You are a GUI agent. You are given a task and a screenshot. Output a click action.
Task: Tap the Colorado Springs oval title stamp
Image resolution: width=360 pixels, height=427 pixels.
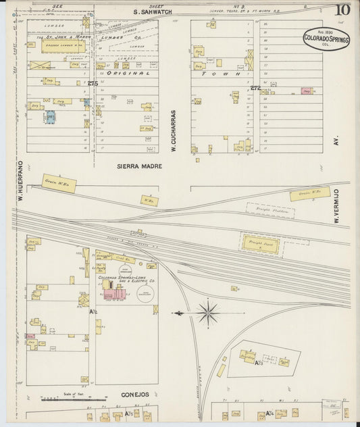point(326,38)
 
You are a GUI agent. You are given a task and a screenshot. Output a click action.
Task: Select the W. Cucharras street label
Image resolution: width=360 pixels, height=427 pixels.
point(174,130)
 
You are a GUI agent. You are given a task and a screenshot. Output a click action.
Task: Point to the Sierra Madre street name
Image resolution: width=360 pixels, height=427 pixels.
point(139,166)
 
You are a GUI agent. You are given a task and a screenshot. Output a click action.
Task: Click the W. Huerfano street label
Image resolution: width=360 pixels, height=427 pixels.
point(20,181)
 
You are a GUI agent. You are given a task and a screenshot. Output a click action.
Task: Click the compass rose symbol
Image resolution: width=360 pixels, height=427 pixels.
point(207,313)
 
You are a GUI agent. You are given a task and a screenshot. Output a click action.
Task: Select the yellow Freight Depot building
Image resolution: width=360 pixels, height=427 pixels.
point(261,243)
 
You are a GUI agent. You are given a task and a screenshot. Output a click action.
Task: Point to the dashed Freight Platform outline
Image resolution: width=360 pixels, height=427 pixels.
point(271,211)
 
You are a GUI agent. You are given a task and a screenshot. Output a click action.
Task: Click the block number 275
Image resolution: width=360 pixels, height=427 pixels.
point(93,82)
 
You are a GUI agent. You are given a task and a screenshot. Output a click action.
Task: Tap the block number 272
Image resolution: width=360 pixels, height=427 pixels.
point(255,88)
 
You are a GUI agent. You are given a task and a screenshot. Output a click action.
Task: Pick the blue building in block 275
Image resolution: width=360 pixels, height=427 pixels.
point(50,117)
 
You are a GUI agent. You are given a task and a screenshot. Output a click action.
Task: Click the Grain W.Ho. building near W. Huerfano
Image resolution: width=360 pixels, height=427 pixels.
point(59,182)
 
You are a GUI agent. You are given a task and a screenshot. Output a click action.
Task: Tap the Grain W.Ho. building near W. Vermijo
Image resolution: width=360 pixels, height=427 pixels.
point(310,194)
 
